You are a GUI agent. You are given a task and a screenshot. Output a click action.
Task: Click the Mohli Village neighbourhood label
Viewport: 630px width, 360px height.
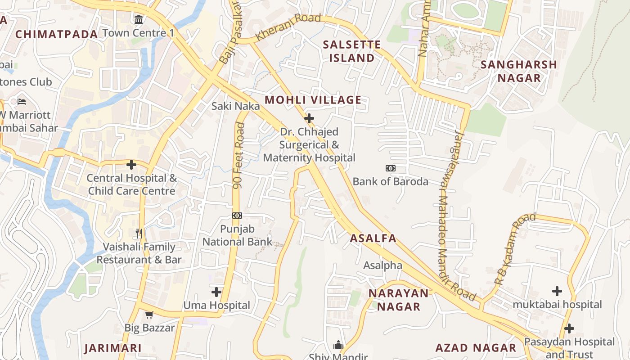coord(313,100)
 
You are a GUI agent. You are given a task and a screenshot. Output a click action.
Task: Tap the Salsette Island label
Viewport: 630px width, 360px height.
coord(352,51)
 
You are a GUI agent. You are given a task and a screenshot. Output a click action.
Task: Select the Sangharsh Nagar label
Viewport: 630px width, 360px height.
coord(519,71)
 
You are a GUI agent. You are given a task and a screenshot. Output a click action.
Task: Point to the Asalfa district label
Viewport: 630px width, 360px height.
coord(373,238)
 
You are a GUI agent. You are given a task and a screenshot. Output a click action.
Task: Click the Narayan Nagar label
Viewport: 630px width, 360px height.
coord(399,300)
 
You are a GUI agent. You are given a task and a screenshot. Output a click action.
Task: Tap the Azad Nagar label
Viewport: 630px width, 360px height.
coord(476,348)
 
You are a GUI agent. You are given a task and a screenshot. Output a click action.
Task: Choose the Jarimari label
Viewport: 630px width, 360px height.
coord(113,348)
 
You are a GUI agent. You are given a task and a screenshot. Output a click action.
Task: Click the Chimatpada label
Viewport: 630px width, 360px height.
coord(57,34)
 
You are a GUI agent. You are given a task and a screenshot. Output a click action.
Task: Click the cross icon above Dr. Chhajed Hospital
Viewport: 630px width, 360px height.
coord(309,119)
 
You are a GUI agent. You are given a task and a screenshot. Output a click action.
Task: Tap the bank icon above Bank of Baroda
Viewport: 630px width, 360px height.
coord(391,168)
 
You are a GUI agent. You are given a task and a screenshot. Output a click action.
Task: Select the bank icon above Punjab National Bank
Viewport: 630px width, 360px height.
coord(237,216)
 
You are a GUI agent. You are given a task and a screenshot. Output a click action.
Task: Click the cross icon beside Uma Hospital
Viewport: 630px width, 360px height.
coord(216,292)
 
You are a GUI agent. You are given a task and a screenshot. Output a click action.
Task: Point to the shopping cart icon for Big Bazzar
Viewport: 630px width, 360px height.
coord(149,315)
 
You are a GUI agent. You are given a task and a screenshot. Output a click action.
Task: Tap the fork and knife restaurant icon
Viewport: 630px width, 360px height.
coord(139,233)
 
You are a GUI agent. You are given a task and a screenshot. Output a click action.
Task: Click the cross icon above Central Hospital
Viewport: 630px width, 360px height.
coord(131,165)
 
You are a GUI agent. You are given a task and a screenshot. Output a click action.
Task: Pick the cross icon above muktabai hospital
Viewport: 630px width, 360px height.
coord(557,291)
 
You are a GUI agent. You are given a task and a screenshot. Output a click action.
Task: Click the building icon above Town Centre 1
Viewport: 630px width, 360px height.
coord(138,20)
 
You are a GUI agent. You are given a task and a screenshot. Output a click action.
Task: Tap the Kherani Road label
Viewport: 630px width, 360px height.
coord(288,27)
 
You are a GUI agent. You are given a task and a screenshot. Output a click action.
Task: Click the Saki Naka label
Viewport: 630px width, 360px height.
coord(236,106)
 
